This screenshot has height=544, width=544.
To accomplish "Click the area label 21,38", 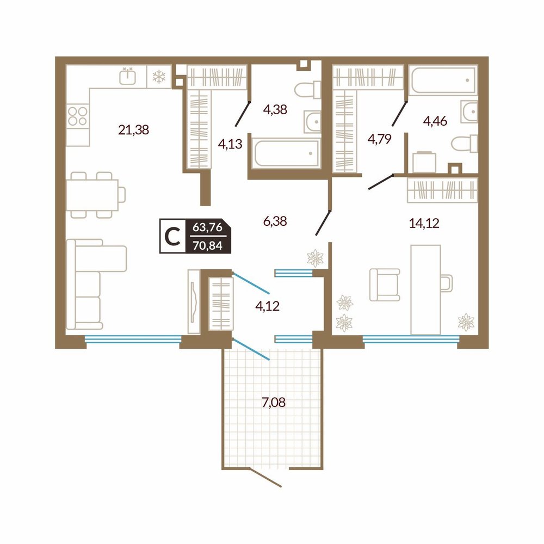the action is coord(134,130).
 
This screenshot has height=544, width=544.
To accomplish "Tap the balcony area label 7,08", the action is coord(274,403).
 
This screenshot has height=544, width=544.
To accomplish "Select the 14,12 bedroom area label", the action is coord(424,223).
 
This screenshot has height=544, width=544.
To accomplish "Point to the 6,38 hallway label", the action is coord(275,221).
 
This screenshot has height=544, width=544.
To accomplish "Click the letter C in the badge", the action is coord(172,236).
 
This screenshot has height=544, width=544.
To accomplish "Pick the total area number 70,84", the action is coord(207,246).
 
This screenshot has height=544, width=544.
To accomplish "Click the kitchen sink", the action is coord(128,76).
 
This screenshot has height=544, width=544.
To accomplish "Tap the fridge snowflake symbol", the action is coord(159,77).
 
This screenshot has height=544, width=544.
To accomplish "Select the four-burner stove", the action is coord(77,116).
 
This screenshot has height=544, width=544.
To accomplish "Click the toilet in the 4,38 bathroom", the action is coord(308,90).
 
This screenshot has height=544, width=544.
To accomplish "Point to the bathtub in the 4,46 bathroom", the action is coord(443,80).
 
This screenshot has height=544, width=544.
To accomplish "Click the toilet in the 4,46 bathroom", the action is coord(464,143).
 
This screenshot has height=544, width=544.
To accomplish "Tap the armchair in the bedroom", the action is coord(385,285).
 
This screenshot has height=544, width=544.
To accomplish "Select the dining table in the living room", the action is coord(92,195).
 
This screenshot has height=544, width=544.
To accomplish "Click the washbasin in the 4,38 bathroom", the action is coord(313,122).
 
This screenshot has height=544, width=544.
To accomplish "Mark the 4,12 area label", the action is coord(267,306).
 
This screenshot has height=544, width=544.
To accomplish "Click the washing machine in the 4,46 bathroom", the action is coord(424,162).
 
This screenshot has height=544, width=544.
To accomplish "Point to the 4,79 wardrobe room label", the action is coord(380,139).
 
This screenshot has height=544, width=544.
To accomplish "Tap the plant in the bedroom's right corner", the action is coord(466,322).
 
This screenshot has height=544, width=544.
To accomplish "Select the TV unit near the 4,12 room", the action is coord(194,301).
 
